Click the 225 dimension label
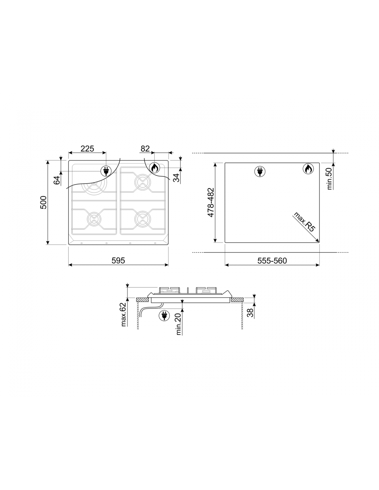coord(87,149)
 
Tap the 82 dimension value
coord(145,149)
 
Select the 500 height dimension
coord(43,202)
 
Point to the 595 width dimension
coord(118,261)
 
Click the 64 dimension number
coord(57,180)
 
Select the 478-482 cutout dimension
coord(211,202)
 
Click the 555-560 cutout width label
coord(272,261)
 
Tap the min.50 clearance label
coord(329,178)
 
